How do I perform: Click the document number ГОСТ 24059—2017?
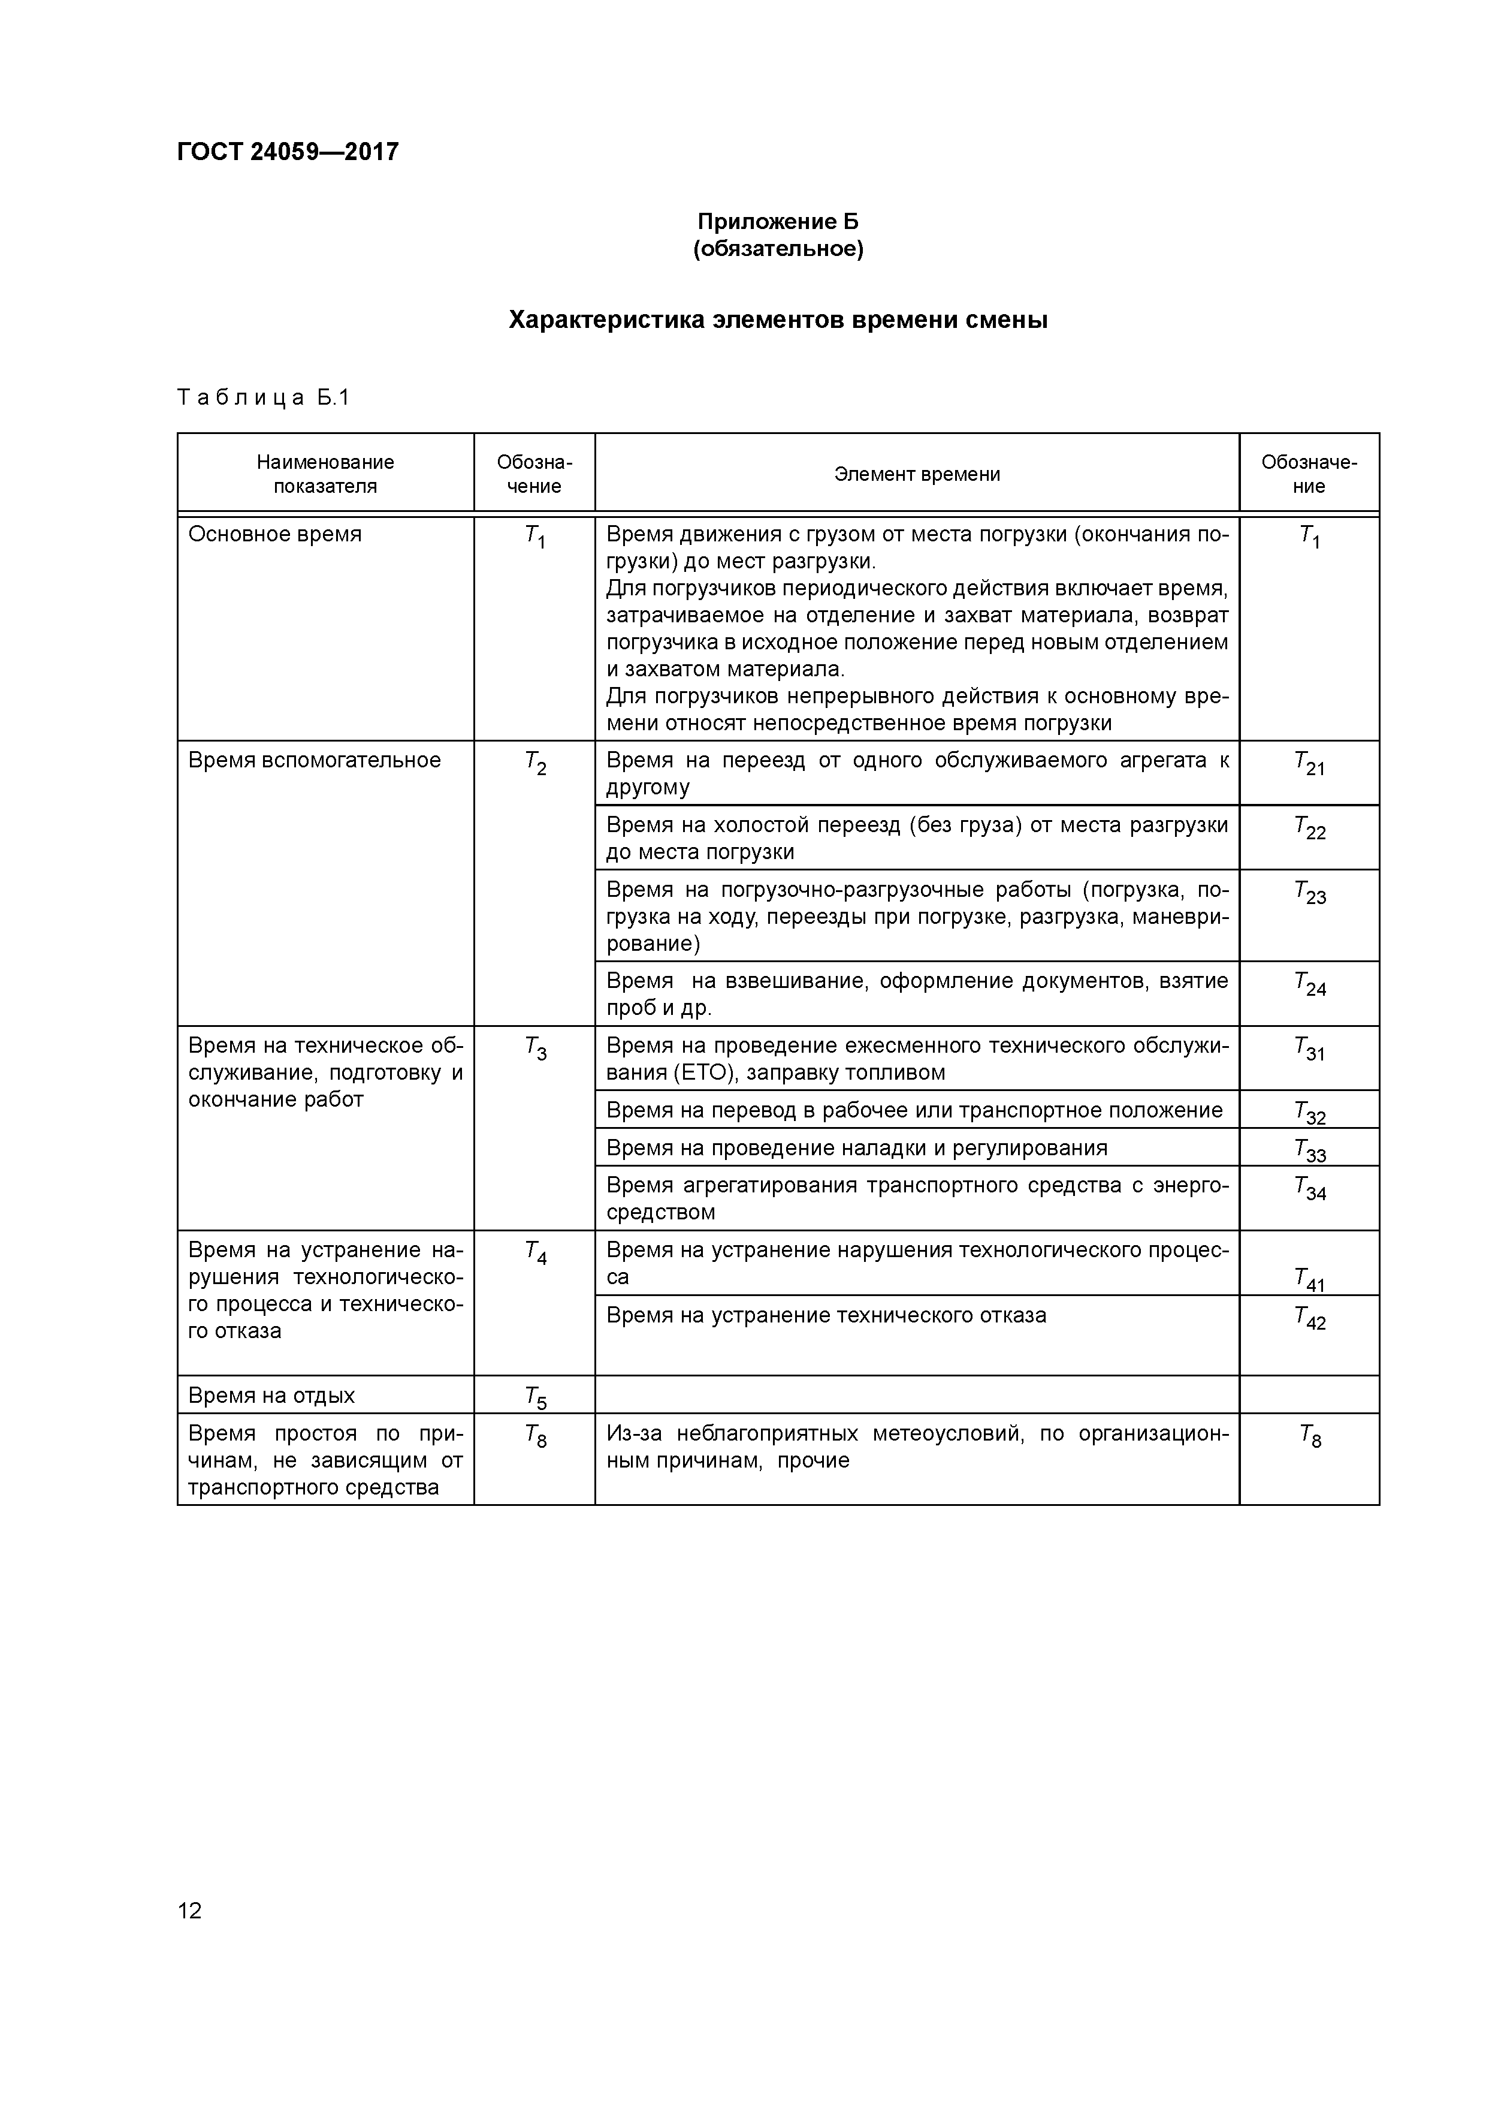coord(288,152)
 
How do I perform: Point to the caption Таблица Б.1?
coord(264,397)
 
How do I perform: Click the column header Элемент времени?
coord(917,474)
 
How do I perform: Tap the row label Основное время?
coord(274,534)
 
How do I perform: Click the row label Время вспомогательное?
coord(314,760)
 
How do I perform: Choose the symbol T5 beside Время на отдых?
coord(536,1398)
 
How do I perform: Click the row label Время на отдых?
coord(271,1395)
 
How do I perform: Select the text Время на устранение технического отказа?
coord(826,1315)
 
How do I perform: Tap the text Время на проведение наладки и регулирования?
coord(856,1147)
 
